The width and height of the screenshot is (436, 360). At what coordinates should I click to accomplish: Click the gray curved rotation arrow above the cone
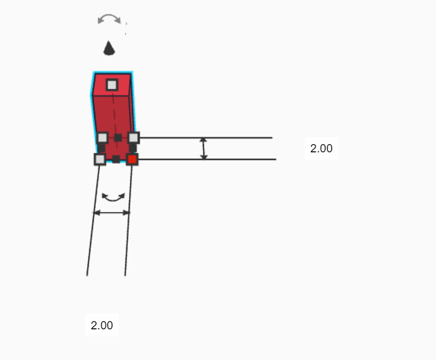point(109,19)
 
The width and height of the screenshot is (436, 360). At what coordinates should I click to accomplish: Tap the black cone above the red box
point(110,48)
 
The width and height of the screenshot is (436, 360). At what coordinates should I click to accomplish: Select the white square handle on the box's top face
point(112,85)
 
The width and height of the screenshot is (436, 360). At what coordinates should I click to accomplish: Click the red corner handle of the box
point(132,159)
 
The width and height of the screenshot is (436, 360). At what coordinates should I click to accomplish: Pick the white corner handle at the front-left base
point(100,159)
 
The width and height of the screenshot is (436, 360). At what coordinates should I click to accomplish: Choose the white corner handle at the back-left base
point(102,138)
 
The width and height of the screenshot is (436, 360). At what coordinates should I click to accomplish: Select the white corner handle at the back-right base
point(133,138)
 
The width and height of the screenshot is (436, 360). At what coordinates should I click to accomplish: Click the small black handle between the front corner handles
point(116,159)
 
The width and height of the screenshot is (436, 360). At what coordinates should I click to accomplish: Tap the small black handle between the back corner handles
point(118,137)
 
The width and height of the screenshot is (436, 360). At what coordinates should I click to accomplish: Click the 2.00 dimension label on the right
point(321,148)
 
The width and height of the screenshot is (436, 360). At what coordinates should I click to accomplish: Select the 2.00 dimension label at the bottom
point(101,325)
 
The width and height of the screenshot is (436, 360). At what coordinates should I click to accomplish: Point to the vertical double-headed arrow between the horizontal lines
point(204,148)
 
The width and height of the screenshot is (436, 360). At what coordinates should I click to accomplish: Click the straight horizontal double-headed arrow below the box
point(112,213)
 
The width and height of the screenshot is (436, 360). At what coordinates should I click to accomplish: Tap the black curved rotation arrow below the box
point(113,197)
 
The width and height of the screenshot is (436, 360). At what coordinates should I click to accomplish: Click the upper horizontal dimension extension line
point(230,138)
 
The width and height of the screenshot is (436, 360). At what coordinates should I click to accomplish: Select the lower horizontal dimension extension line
point(230,159)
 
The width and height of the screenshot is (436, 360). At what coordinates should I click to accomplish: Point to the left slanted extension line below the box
point(92,230)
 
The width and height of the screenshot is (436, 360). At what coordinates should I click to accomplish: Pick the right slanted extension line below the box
point(128,230)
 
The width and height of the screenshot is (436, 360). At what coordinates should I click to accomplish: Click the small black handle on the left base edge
point(101,148)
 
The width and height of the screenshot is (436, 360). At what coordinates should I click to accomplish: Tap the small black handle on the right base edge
point(133,148)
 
